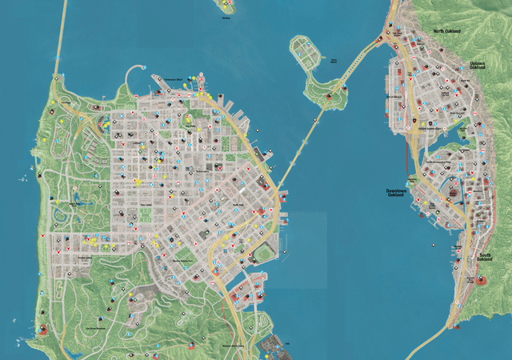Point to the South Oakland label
click(x=485, y=257)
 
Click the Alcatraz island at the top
click(x=227, y=6)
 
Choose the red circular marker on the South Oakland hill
click(x=482, y=279)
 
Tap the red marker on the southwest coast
click(x=42, y=330)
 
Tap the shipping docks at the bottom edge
click(x=272, y=346)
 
